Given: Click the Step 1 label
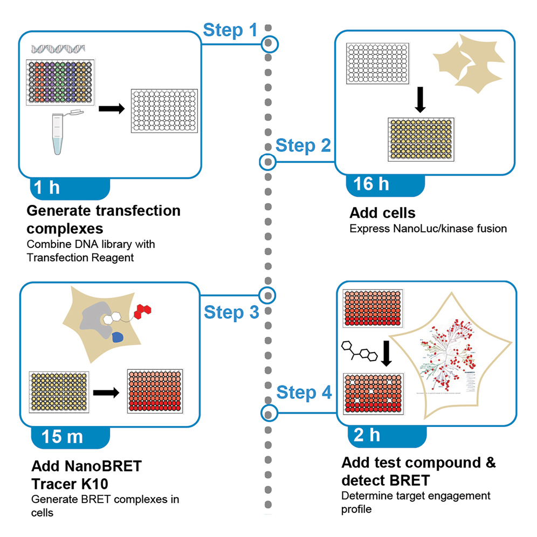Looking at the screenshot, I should pyautogui.click(x=230, y=30).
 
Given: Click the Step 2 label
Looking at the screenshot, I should pyautogui.click(x=302, y=146).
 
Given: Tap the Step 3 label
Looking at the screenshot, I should pyautogui.click(x=231, y=312).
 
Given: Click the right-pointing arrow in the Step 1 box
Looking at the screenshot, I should pyautogui.click(x=111, y=109).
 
